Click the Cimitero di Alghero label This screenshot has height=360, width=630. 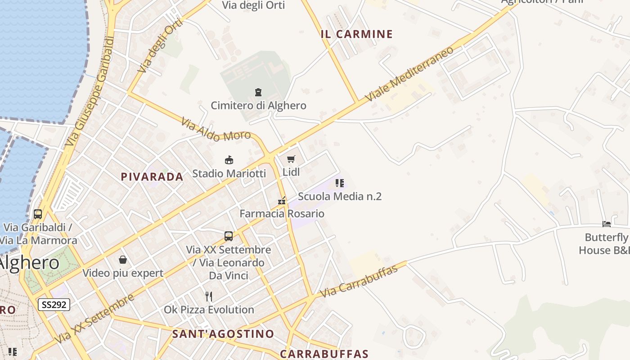(x=258, y=106)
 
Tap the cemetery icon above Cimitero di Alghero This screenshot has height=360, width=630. (x=258, y=92)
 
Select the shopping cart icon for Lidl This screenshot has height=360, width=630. (x=291, y=159)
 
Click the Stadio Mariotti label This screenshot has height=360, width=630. (x=229, y=174)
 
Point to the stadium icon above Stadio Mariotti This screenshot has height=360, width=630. (x=229, y=160)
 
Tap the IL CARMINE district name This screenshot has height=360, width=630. (x=357, y=34)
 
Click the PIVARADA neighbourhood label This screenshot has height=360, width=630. (x=152, y=177)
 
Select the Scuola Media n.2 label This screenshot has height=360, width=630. (x=340, y=197)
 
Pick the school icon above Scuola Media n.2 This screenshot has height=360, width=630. (x=340, y=183)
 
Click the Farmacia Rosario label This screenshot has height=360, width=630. (x=282, y=214)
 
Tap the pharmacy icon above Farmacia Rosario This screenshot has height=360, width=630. (x=282, y=201)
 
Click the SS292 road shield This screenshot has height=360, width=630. (x=54, y=305)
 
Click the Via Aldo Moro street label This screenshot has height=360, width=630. (x=216, y=130)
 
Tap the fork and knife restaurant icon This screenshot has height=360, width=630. (x=208, y=296)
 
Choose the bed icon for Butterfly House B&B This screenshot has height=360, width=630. (x=607, y=224)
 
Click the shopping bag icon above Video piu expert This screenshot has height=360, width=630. (x=122, y=260)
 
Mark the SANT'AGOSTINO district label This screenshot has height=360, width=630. (x=223, y=334)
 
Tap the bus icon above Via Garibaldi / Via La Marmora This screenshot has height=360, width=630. (x=38, y=214)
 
